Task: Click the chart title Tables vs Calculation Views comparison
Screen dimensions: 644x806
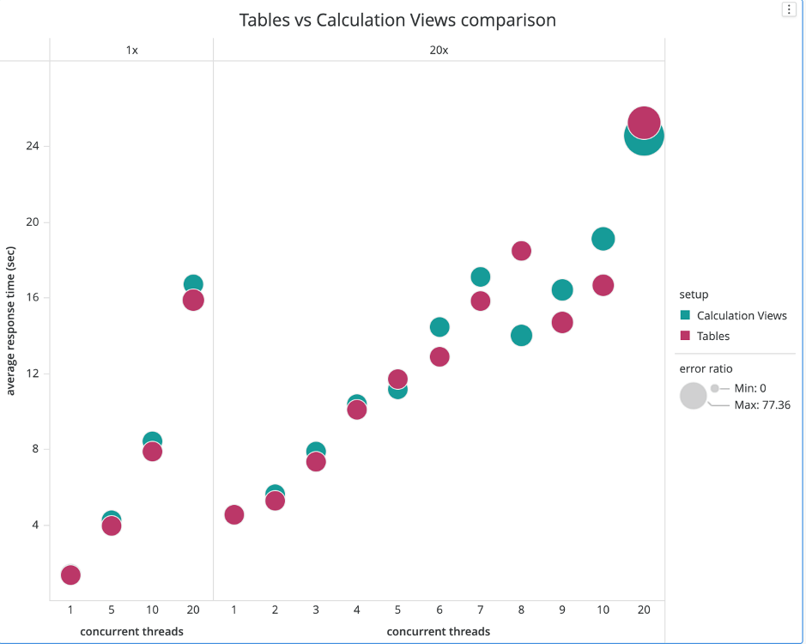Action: [x=397, y=20]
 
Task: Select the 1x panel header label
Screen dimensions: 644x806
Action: [x=131, y=50]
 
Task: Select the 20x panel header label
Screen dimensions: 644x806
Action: [x=439, y=50]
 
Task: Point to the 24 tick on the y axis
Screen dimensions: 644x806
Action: [x=33, y=146]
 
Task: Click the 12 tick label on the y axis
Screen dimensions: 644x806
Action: [x=33, y=374]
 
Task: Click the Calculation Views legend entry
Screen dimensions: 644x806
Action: [x=742, y=315]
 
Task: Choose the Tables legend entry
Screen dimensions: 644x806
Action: [x=712, y=336]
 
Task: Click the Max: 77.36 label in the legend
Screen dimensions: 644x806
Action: [x=762, y=404]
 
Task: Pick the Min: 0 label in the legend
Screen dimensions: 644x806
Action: [x=750, y=388]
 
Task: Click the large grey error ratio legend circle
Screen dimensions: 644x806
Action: [x=693, y=396]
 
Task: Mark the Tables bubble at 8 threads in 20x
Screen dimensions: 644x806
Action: [x=521, y=251]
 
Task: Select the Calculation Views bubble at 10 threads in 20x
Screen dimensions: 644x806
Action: [x=603, y=239]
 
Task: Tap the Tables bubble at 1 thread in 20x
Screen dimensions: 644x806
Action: [x=233, y=514]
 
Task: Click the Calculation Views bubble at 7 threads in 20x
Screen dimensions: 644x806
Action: [x=480, y=276]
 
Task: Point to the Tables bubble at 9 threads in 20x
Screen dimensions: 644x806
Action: [x=562, y=322]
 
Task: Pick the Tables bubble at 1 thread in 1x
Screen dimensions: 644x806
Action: [x=70, y=574]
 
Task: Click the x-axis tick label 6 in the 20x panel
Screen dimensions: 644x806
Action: [x=439, y=610]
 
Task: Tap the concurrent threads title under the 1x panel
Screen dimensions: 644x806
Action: [x=131, y=631]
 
